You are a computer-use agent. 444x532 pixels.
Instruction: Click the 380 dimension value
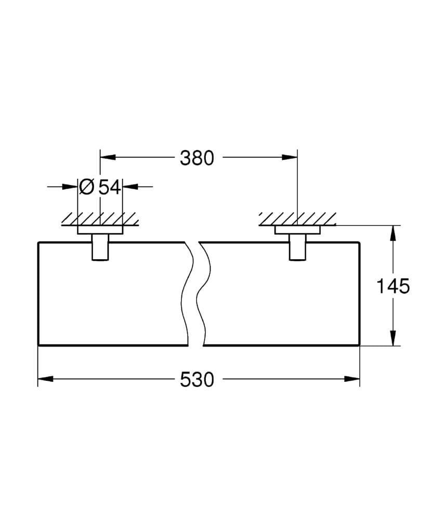tap(197, 157)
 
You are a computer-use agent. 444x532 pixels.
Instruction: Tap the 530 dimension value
tap(197, 380)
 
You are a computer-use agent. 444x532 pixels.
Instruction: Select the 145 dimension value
tap(393, 286)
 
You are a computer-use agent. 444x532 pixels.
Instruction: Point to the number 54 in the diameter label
tap(110, 187)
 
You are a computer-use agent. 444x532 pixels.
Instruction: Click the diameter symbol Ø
tap(87, 187)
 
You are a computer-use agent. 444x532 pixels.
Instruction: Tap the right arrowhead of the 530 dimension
tap(353, 379)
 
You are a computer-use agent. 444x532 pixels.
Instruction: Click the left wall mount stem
tap(100, 247)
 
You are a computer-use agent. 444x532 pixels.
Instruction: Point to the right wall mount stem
tap(297, 247)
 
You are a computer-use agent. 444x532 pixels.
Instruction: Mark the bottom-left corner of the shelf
tap(39, 345)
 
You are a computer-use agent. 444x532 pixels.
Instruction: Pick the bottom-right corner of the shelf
tap(359, 345)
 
